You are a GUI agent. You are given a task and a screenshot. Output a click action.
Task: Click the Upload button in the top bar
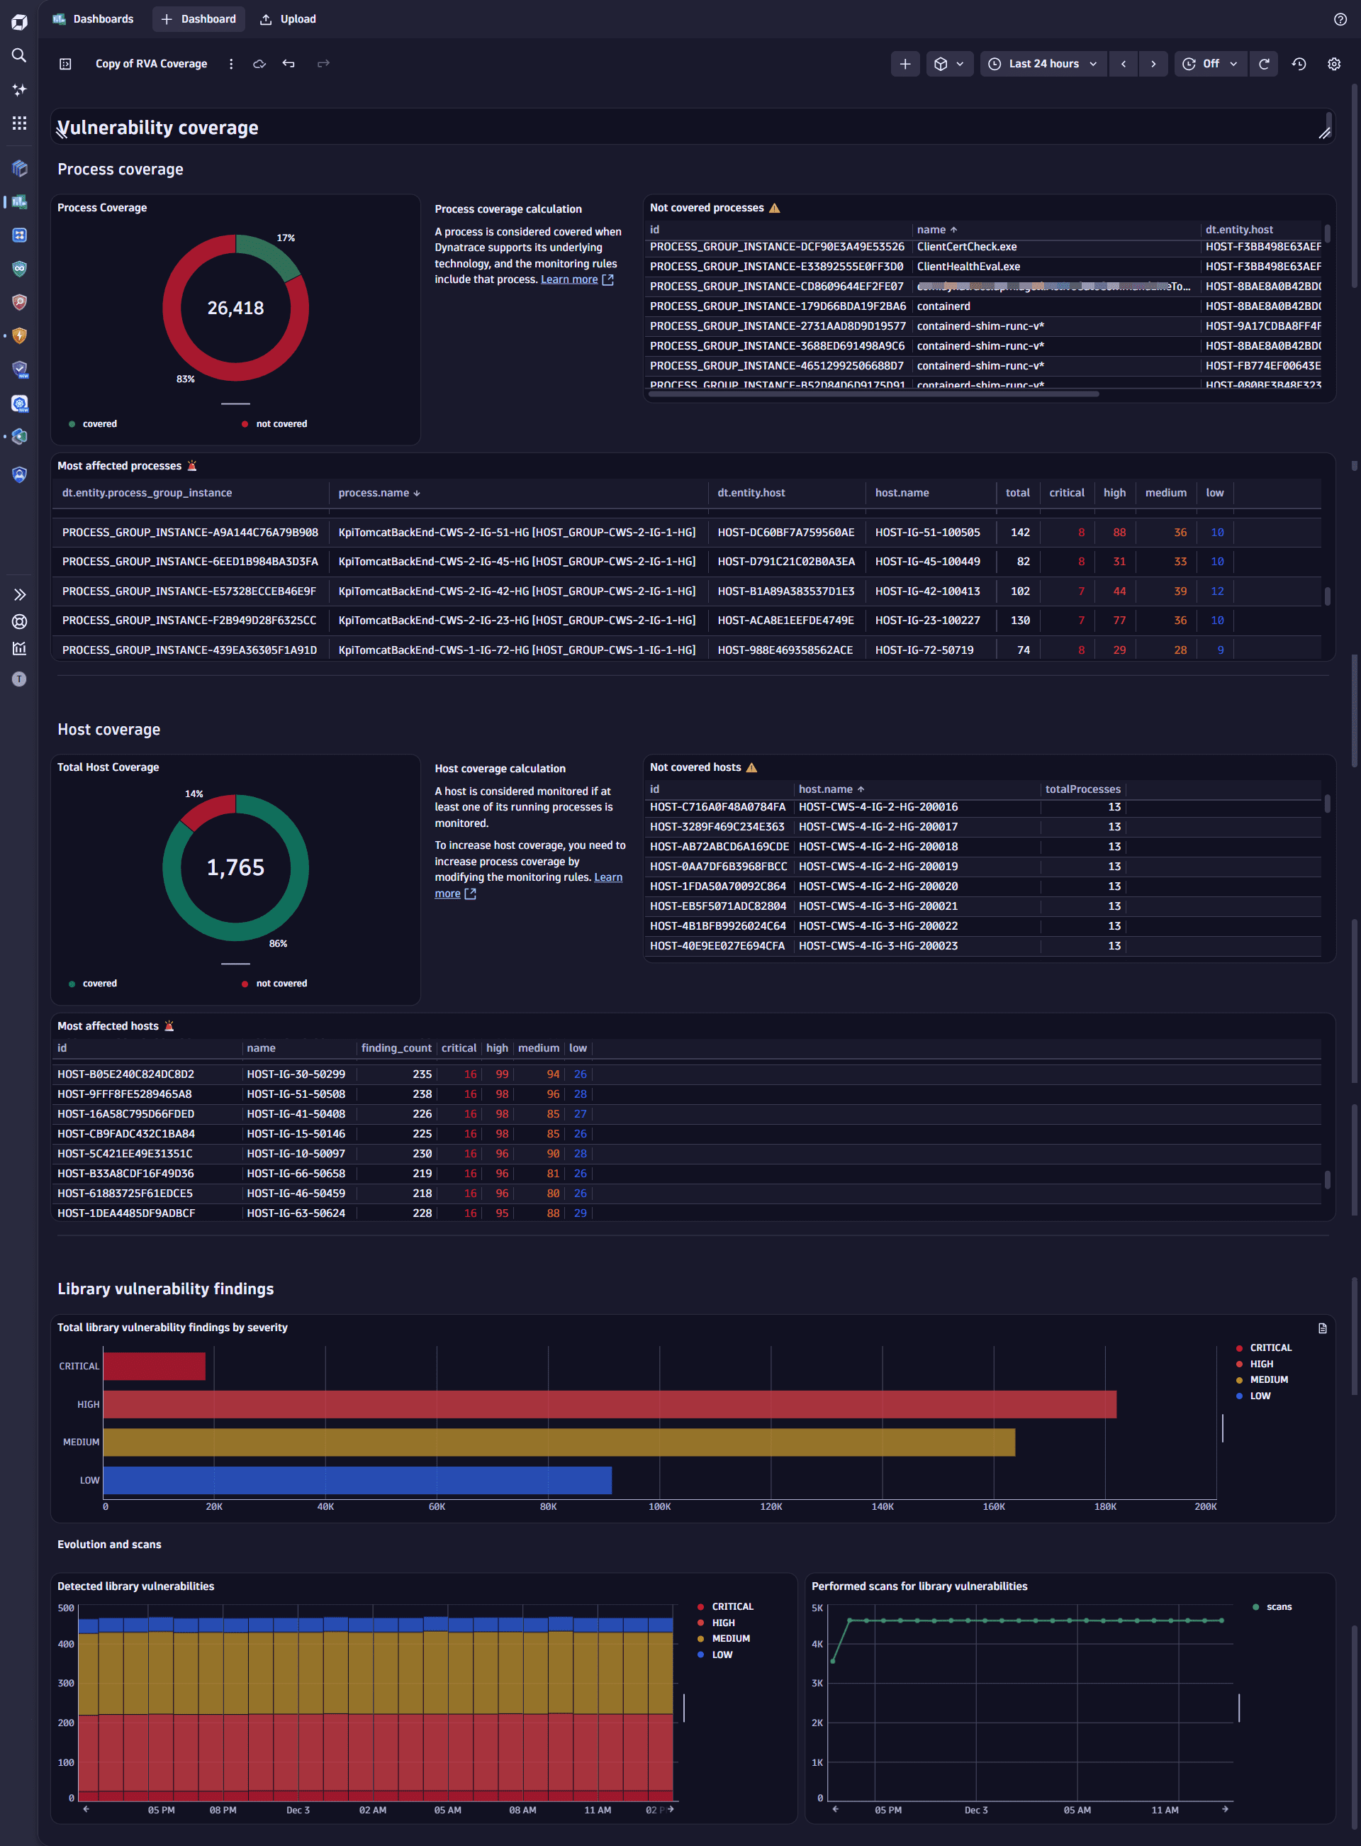[289, 19]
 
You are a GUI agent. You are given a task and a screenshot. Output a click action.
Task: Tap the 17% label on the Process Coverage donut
[285, 238]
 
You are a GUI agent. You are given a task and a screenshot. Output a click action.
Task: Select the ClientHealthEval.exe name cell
[968, 266]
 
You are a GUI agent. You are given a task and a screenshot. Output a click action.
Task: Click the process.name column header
[374, 493]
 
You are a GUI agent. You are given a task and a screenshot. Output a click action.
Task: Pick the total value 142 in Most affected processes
[1020, 533]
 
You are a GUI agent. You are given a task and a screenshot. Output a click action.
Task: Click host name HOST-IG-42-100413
[927, 591]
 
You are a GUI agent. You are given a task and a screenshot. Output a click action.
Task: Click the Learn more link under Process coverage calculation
[569, 279]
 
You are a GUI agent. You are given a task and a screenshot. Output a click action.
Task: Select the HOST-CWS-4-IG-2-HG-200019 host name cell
[878, 866]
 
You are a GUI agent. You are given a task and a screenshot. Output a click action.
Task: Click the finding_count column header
[396, 1048]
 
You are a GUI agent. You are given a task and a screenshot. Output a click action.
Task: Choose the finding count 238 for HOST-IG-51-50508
[422, 1094]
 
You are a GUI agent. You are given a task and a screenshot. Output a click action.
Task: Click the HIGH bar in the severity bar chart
[610, 1404]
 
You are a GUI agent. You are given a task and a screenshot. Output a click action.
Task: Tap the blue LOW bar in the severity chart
[357, 1480]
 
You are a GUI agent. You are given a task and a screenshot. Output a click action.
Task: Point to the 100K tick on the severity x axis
[659, 1506]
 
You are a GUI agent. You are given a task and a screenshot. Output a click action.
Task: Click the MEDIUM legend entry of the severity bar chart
[1268, 1379]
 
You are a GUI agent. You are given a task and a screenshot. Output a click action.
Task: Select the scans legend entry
[1278, 1606]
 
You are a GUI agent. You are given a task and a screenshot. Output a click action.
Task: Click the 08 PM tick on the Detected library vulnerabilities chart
[223, 1810]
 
